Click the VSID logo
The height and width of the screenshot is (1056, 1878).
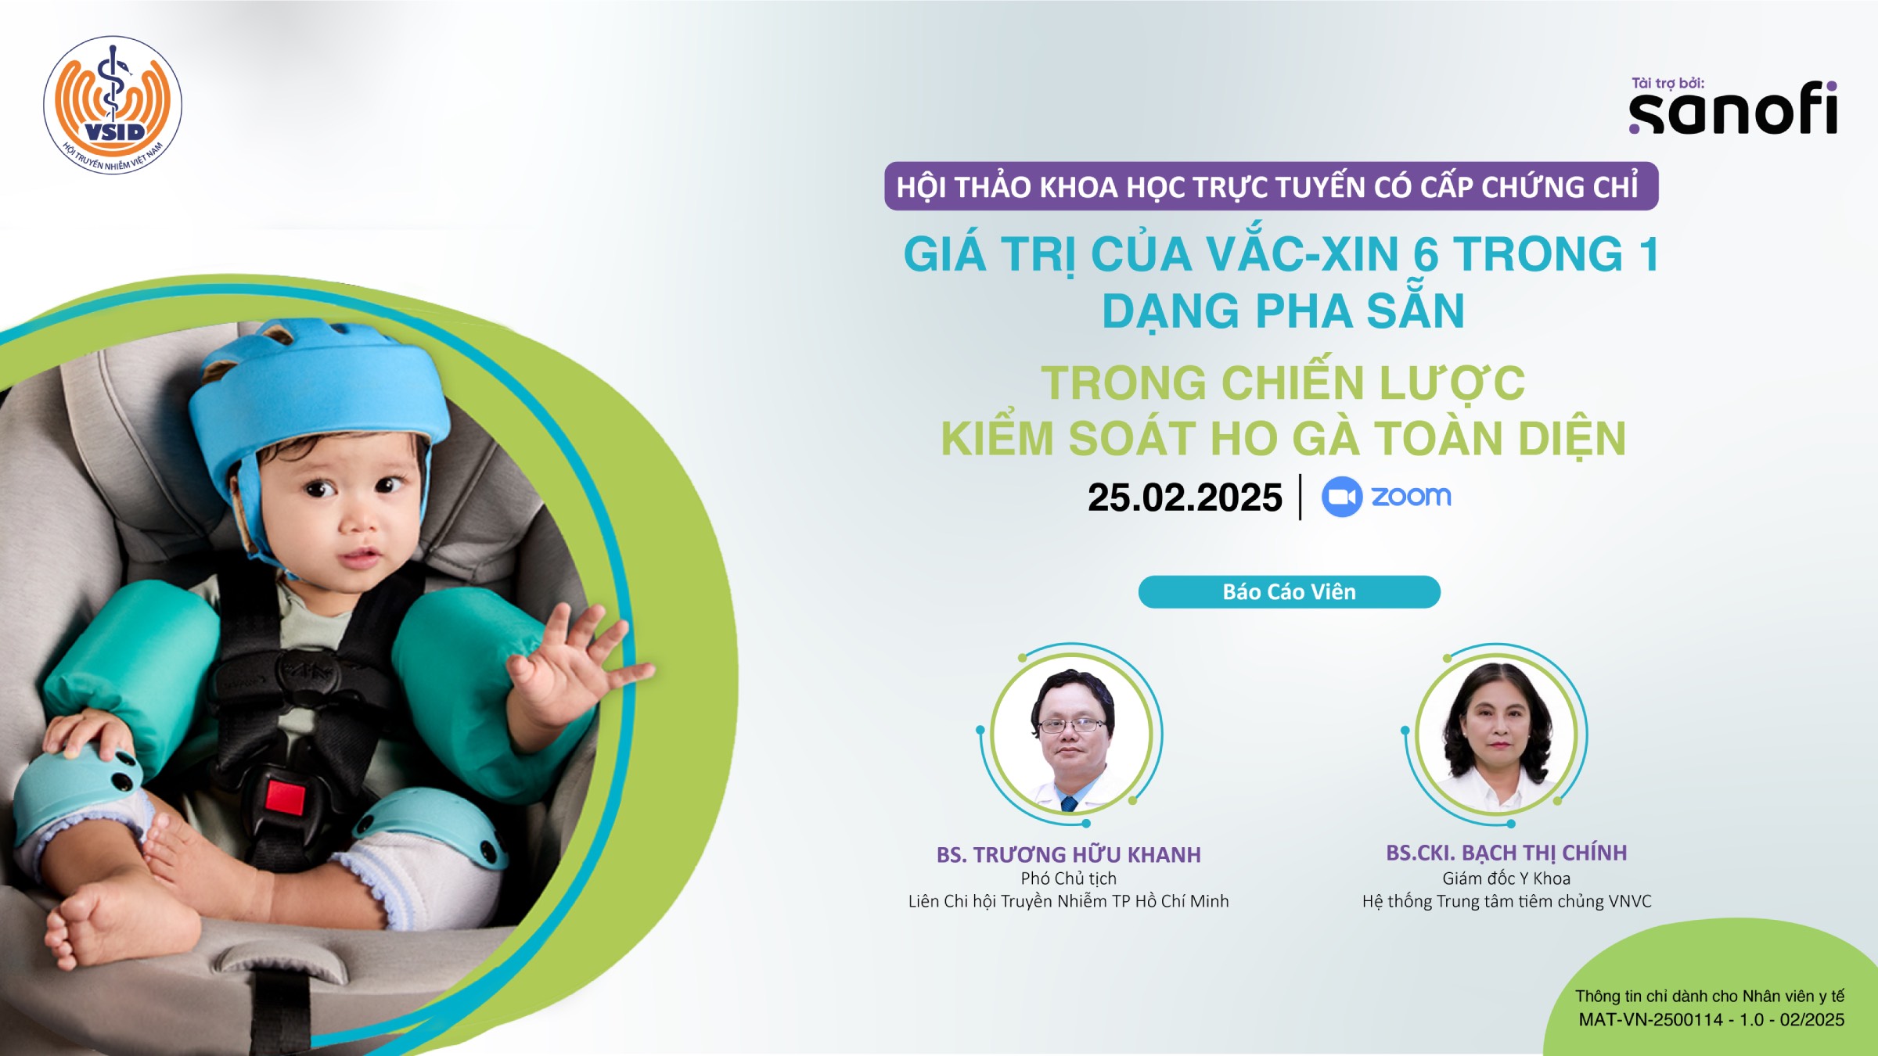[x=113, y=105]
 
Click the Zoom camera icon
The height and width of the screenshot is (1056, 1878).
[x=1342, y=497]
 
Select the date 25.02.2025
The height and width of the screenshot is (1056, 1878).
[x=1185, y=497]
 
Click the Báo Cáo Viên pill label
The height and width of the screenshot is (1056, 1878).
[x=1289, y=592]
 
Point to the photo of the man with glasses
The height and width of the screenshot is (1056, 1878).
[x=1071, y=735]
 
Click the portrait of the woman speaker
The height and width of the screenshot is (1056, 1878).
[x=1497, y=735]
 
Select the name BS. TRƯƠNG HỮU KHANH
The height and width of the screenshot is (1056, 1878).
[x=1069, y=854]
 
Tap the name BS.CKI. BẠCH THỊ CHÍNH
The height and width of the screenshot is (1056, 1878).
[x=1506, y=853]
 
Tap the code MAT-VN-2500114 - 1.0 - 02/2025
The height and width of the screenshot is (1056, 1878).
[x=1711, y=1020]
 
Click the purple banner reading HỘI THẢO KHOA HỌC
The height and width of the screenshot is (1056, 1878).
[x=1272, y=186]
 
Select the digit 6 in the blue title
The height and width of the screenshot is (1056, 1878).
[x=1426, y=255]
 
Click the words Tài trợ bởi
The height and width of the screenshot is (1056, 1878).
[x=1668, y=83]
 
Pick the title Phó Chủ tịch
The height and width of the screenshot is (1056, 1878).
[x=1069, y=878]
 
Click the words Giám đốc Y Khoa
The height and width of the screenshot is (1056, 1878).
[x=1506, y=878]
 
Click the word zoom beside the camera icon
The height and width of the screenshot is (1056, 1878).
[x=1411, y=497]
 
